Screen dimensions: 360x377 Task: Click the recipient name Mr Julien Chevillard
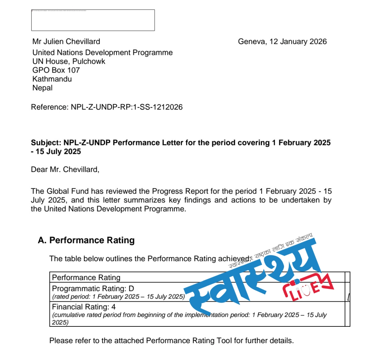[x=66, y=41]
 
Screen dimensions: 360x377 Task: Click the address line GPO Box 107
[x=56, y=70]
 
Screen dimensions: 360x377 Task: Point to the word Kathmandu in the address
[x=52, y=79]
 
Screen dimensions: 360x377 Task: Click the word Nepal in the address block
[x=42, y=88]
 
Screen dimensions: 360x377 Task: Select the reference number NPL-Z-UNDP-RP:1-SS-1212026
[x=127, y=107]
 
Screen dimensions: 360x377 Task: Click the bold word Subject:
[x=46, y=143]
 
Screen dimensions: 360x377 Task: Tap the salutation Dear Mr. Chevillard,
[x=65, y=169]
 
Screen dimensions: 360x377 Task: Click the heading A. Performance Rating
[x=86, y=240]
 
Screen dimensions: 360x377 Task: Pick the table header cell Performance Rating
[x=86, y=277]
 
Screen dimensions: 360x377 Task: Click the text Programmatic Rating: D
[x=93, y=288]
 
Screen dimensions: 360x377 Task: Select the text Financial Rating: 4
[x=84, y=307]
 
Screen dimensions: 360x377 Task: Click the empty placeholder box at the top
[x=93, y=20]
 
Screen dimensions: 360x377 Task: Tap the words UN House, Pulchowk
[x=69, y=61]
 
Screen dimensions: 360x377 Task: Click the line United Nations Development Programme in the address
[x=102, y=52]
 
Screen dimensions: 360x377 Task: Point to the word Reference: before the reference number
[x=50, y=107]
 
